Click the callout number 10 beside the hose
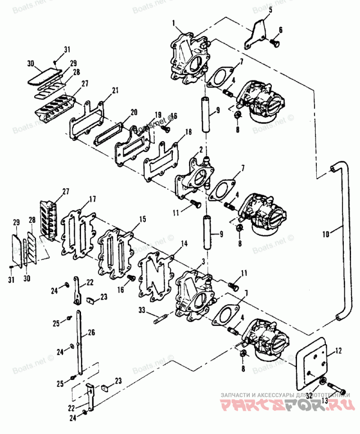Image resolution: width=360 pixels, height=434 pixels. click(x=326, y=234)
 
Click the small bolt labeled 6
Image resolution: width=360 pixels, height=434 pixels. click(x=275, y=43)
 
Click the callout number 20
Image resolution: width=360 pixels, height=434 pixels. click(x=133, y=111)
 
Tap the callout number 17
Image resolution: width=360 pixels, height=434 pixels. click(x=92, y=199)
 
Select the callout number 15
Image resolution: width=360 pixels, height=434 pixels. click(x=142, y=219)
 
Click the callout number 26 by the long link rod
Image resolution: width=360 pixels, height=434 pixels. click(x=92, y=333)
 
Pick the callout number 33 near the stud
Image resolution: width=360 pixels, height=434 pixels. click(x=142, y=310)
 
